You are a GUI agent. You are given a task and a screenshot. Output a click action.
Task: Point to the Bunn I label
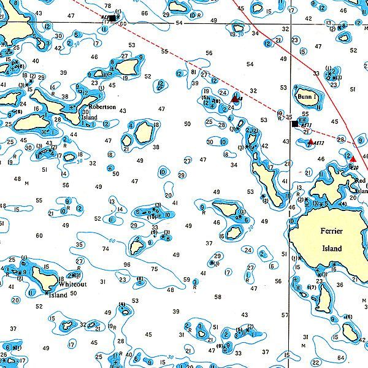point(308,97)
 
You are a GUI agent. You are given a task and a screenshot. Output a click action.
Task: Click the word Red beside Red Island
point(361,180)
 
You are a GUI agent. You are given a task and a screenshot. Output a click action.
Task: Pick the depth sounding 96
point(127,264)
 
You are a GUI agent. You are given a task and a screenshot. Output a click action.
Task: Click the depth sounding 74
point(105,249)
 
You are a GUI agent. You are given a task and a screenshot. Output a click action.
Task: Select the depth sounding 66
point(144,13)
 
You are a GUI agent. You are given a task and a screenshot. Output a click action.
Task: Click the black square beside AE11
point(295,124)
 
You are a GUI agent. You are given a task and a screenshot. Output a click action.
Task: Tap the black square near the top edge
point(112,18)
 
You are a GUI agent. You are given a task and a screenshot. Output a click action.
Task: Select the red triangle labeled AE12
point(311,142)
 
